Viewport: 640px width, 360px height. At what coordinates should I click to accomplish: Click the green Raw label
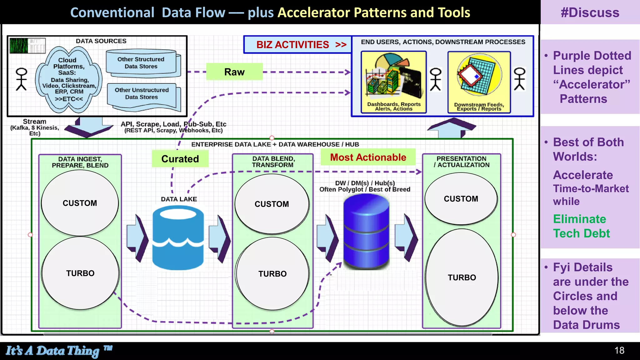[234, 72]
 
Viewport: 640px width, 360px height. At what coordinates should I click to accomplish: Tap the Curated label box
[180, 159]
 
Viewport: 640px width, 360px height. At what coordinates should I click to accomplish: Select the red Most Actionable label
[368, 157]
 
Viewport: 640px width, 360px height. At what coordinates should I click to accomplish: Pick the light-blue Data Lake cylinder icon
[178, 238]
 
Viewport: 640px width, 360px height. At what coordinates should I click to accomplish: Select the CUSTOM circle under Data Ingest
[80, 203]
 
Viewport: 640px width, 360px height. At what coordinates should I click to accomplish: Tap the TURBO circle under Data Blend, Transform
[272, 274]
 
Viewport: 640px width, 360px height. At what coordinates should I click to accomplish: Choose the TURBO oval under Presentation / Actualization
[462, 277]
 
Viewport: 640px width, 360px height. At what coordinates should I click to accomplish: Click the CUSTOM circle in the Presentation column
[461, 199]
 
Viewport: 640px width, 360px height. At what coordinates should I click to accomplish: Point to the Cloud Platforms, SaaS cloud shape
[69, 80]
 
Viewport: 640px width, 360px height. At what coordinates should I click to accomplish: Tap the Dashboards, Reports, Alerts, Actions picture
[393, 82]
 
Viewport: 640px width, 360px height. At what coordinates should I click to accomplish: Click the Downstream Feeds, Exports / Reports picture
[479, 82]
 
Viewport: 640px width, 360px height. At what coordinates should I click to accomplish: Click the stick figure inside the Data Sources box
[22, 79]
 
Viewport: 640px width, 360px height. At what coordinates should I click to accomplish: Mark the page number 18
[619, 350]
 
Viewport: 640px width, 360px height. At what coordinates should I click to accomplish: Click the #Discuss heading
[590, 12]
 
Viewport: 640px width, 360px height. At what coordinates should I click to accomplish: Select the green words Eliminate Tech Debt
[581, 226]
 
